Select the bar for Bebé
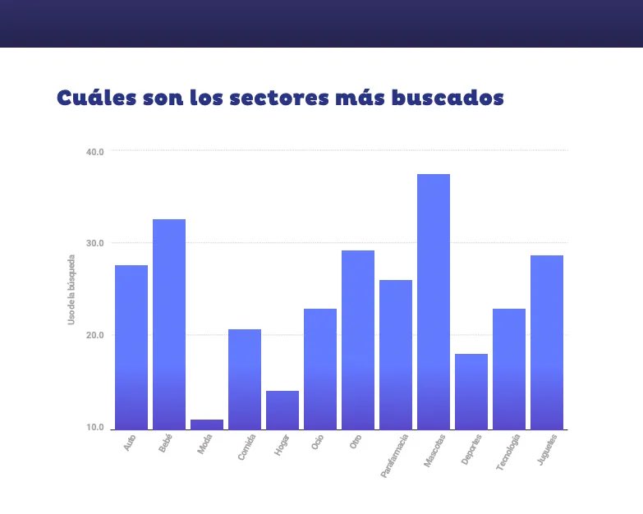pyautogui.click(x=169, y=324)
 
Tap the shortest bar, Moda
pyautogui.click(x=207, y=425)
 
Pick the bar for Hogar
pyautogui.click(x=282, y=410)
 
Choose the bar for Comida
pyautogui.click(x=245, y=379)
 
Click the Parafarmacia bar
pyautogui.click(x=396, y=354)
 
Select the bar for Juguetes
pyautogui.click(x=547, y=342)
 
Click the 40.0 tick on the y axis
pyautogui.click(x=94, y=151)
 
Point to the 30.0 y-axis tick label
pyautogui.click(x=94, y=243)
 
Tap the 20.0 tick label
pyautogui.click(x=94, y=335)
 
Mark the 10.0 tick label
pyautogui.click(x=94, y=428)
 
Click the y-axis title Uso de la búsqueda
pyautogui.click(x=71, y=289)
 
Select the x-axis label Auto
pyautogui.click(x=130, y=443)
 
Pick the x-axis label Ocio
pyautogui.click(x=317, y=443)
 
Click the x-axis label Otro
pyautogui.click(x=356, y=443)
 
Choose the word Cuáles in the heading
pyautogui.click(x=94, y=98)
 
